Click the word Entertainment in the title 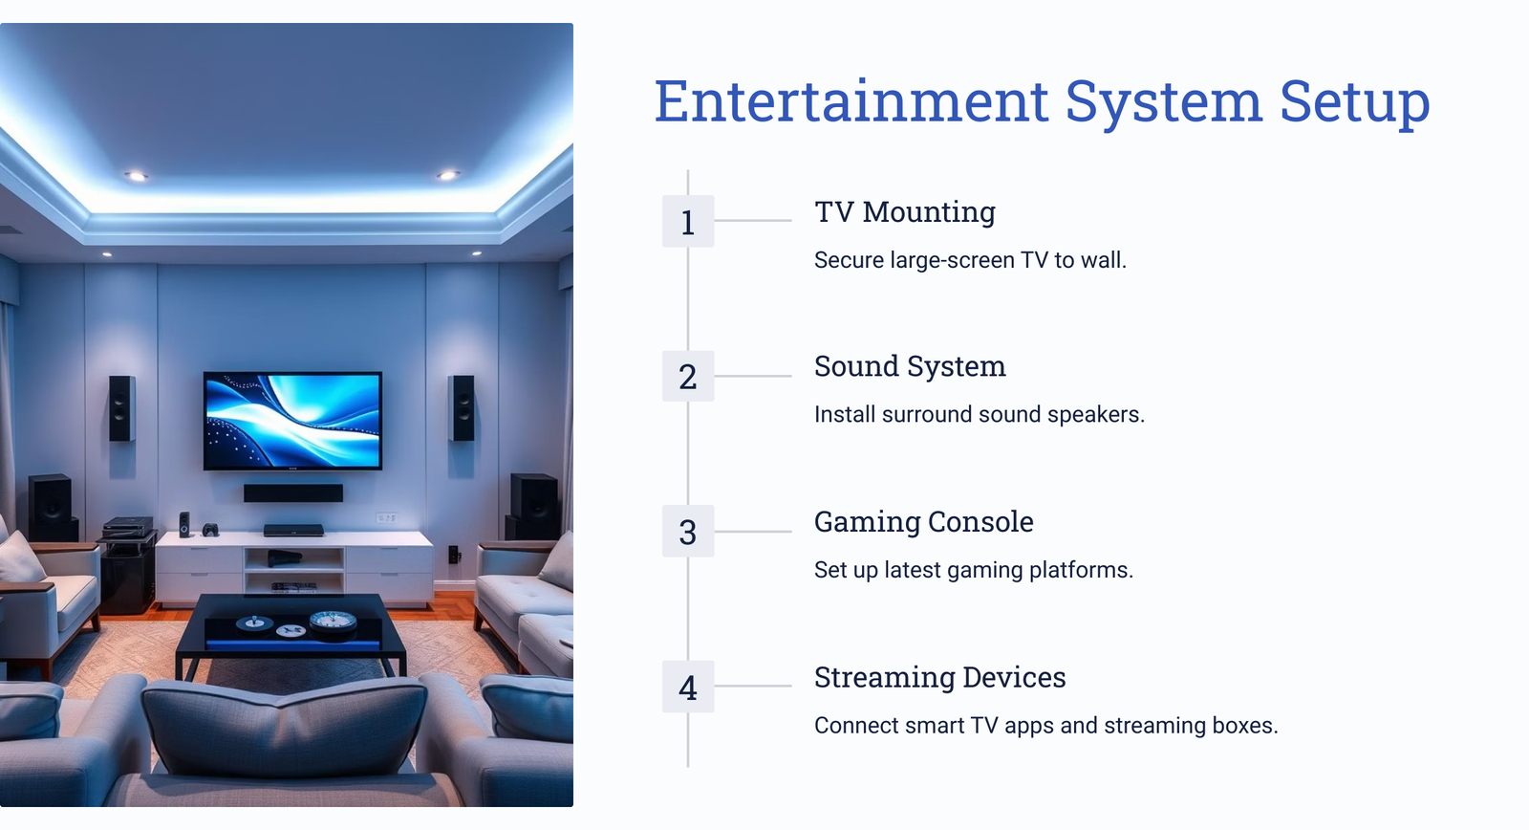851,101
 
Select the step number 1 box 688,221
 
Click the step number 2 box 688,377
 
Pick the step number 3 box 688,532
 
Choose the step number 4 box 688,687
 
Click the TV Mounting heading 905,212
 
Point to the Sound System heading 910,367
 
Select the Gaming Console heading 923,522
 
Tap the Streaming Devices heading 940,678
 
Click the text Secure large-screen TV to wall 970,260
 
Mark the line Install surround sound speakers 979,415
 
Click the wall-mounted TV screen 292,421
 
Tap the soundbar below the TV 293,493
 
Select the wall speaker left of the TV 121,408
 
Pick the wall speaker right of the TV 463,407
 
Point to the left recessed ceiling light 136,176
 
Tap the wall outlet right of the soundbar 387,518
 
